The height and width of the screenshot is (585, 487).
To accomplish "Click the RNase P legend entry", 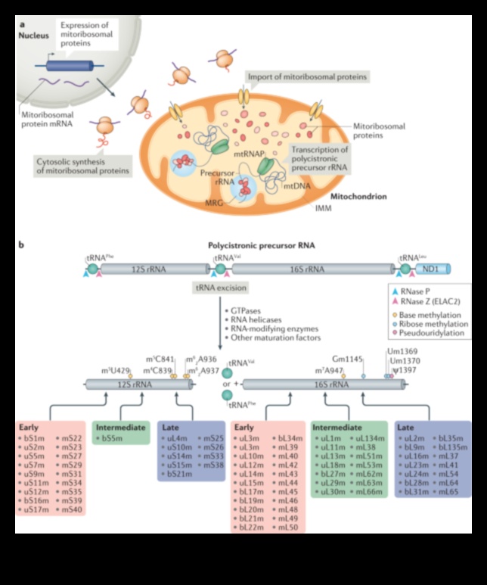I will (417, 291).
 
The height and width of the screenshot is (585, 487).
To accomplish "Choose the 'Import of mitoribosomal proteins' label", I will (307, 77).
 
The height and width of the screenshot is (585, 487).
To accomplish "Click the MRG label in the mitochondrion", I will (216, 204).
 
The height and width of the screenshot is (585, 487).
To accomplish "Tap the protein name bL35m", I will (451, 438).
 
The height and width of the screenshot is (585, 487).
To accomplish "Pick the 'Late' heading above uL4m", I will (172, 428).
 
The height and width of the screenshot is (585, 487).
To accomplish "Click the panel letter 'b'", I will (21, 246).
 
